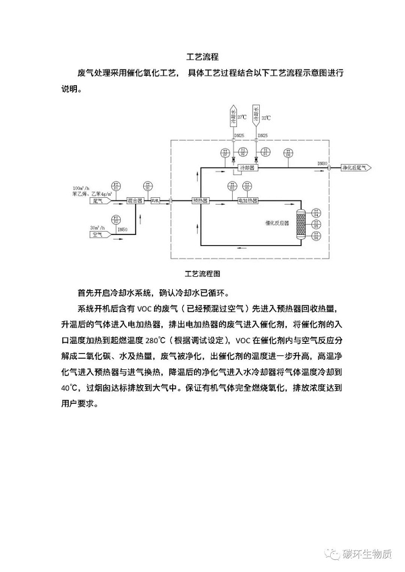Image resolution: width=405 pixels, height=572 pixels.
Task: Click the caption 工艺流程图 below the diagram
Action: click(202, 274)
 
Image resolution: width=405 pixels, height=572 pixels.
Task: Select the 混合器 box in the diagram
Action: click(136, 201)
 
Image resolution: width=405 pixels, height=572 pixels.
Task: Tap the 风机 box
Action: click(155, 201)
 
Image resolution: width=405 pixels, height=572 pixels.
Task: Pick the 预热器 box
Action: click(200, 201)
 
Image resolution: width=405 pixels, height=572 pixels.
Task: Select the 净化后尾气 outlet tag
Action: click(355, 166)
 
